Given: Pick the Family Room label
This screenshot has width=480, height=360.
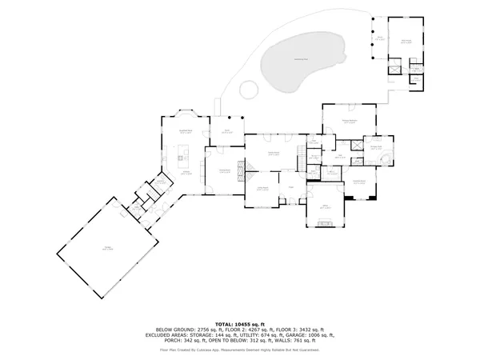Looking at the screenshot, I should click(x=273, y=154).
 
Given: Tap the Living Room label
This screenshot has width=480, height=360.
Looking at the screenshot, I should click(x=262, y=190).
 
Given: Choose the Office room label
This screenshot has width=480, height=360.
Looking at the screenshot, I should click(x=326, y=206).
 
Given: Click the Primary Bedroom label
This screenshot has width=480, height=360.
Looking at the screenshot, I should click(x=349, y=120).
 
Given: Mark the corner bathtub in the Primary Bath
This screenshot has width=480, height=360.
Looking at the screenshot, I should click(x=386, y=156).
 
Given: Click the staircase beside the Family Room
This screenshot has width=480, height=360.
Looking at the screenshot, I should click(x=250, y=165).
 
